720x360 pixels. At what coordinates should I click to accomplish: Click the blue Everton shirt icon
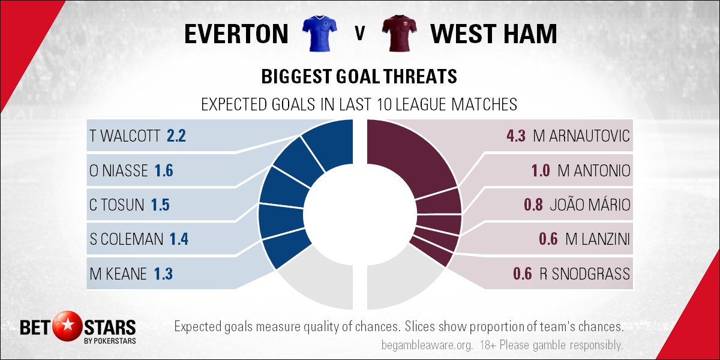[319, 33]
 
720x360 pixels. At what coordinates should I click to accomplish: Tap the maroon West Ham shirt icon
[400, 33]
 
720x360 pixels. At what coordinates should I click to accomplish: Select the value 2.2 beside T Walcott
[176, 136]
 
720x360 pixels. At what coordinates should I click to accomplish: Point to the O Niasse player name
[119, 170]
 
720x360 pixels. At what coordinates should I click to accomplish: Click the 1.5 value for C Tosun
[160, 205]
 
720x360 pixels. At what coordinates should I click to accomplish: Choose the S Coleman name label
[127, 239]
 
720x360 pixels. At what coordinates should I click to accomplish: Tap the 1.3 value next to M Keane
[163, 274]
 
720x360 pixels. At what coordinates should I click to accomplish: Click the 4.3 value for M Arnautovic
[516, 136]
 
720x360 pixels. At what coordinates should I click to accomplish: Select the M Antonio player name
[593, 170]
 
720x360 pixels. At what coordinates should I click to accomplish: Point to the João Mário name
[590, 205]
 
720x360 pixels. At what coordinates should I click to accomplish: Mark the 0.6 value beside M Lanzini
[548, 239]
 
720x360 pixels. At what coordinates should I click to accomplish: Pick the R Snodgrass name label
[584, 274]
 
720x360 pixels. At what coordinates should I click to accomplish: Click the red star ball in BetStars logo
[68, 326]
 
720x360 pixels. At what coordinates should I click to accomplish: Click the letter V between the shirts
[360, 33]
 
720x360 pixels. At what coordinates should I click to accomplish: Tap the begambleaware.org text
[427, 345]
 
